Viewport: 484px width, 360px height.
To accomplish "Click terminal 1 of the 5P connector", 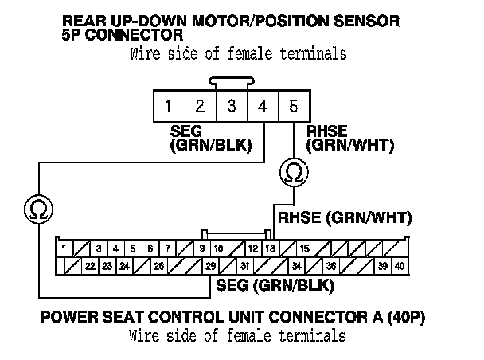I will tap(170, 105).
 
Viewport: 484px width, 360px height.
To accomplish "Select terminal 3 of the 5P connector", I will tap(232, 105).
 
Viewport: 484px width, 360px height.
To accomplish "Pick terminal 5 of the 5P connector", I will tap(294, 105).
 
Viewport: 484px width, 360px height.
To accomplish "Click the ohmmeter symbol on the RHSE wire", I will tap(293, 172).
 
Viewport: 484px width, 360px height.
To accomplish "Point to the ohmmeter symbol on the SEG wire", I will tap(37, 209).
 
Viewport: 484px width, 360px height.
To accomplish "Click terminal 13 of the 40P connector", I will tap(271, 248).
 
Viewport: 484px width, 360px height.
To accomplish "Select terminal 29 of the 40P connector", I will tap(210, 266).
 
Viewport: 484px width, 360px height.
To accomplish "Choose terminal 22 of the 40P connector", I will tap(91, 266).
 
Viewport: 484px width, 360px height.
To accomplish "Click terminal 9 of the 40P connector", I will tap(203, 248).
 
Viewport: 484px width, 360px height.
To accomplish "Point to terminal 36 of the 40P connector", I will tap(330, 266).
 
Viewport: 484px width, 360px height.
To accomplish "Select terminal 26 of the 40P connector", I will tap(159, 266).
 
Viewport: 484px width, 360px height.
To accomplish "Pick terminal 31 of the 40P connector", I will tap(245, 266).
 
